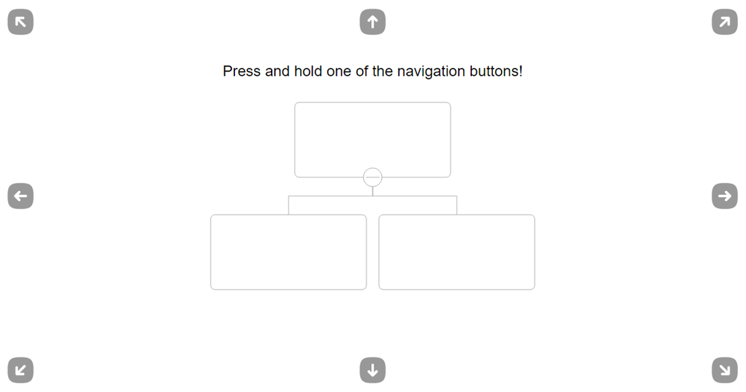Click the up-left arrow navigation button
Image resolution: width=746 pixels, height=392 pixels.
21,22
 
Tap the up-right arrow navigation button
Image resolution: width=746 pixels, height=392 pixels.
725,22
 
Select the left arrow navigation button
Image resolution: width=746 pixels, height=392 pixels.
21,196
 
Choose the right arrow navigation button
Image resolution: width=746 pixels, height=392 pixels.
725,196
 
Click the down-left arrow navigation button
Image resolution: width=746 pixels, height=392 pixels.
21,370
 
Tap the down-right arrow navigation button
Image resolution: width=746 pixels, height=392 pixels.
725,370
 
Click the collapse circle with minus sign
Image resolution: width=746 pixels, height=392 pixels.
372,177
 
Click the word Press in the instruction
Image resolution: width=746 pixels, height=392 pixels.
242,72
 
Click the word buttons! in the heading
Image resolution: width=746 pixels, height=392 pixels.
496,72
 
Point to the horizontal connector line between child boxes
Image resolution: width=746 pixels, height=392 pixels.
372,196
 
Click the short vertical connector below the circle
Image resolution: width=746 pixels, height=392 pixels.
372,192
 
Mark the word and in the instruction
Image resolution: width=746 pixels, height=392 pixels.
277,72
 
